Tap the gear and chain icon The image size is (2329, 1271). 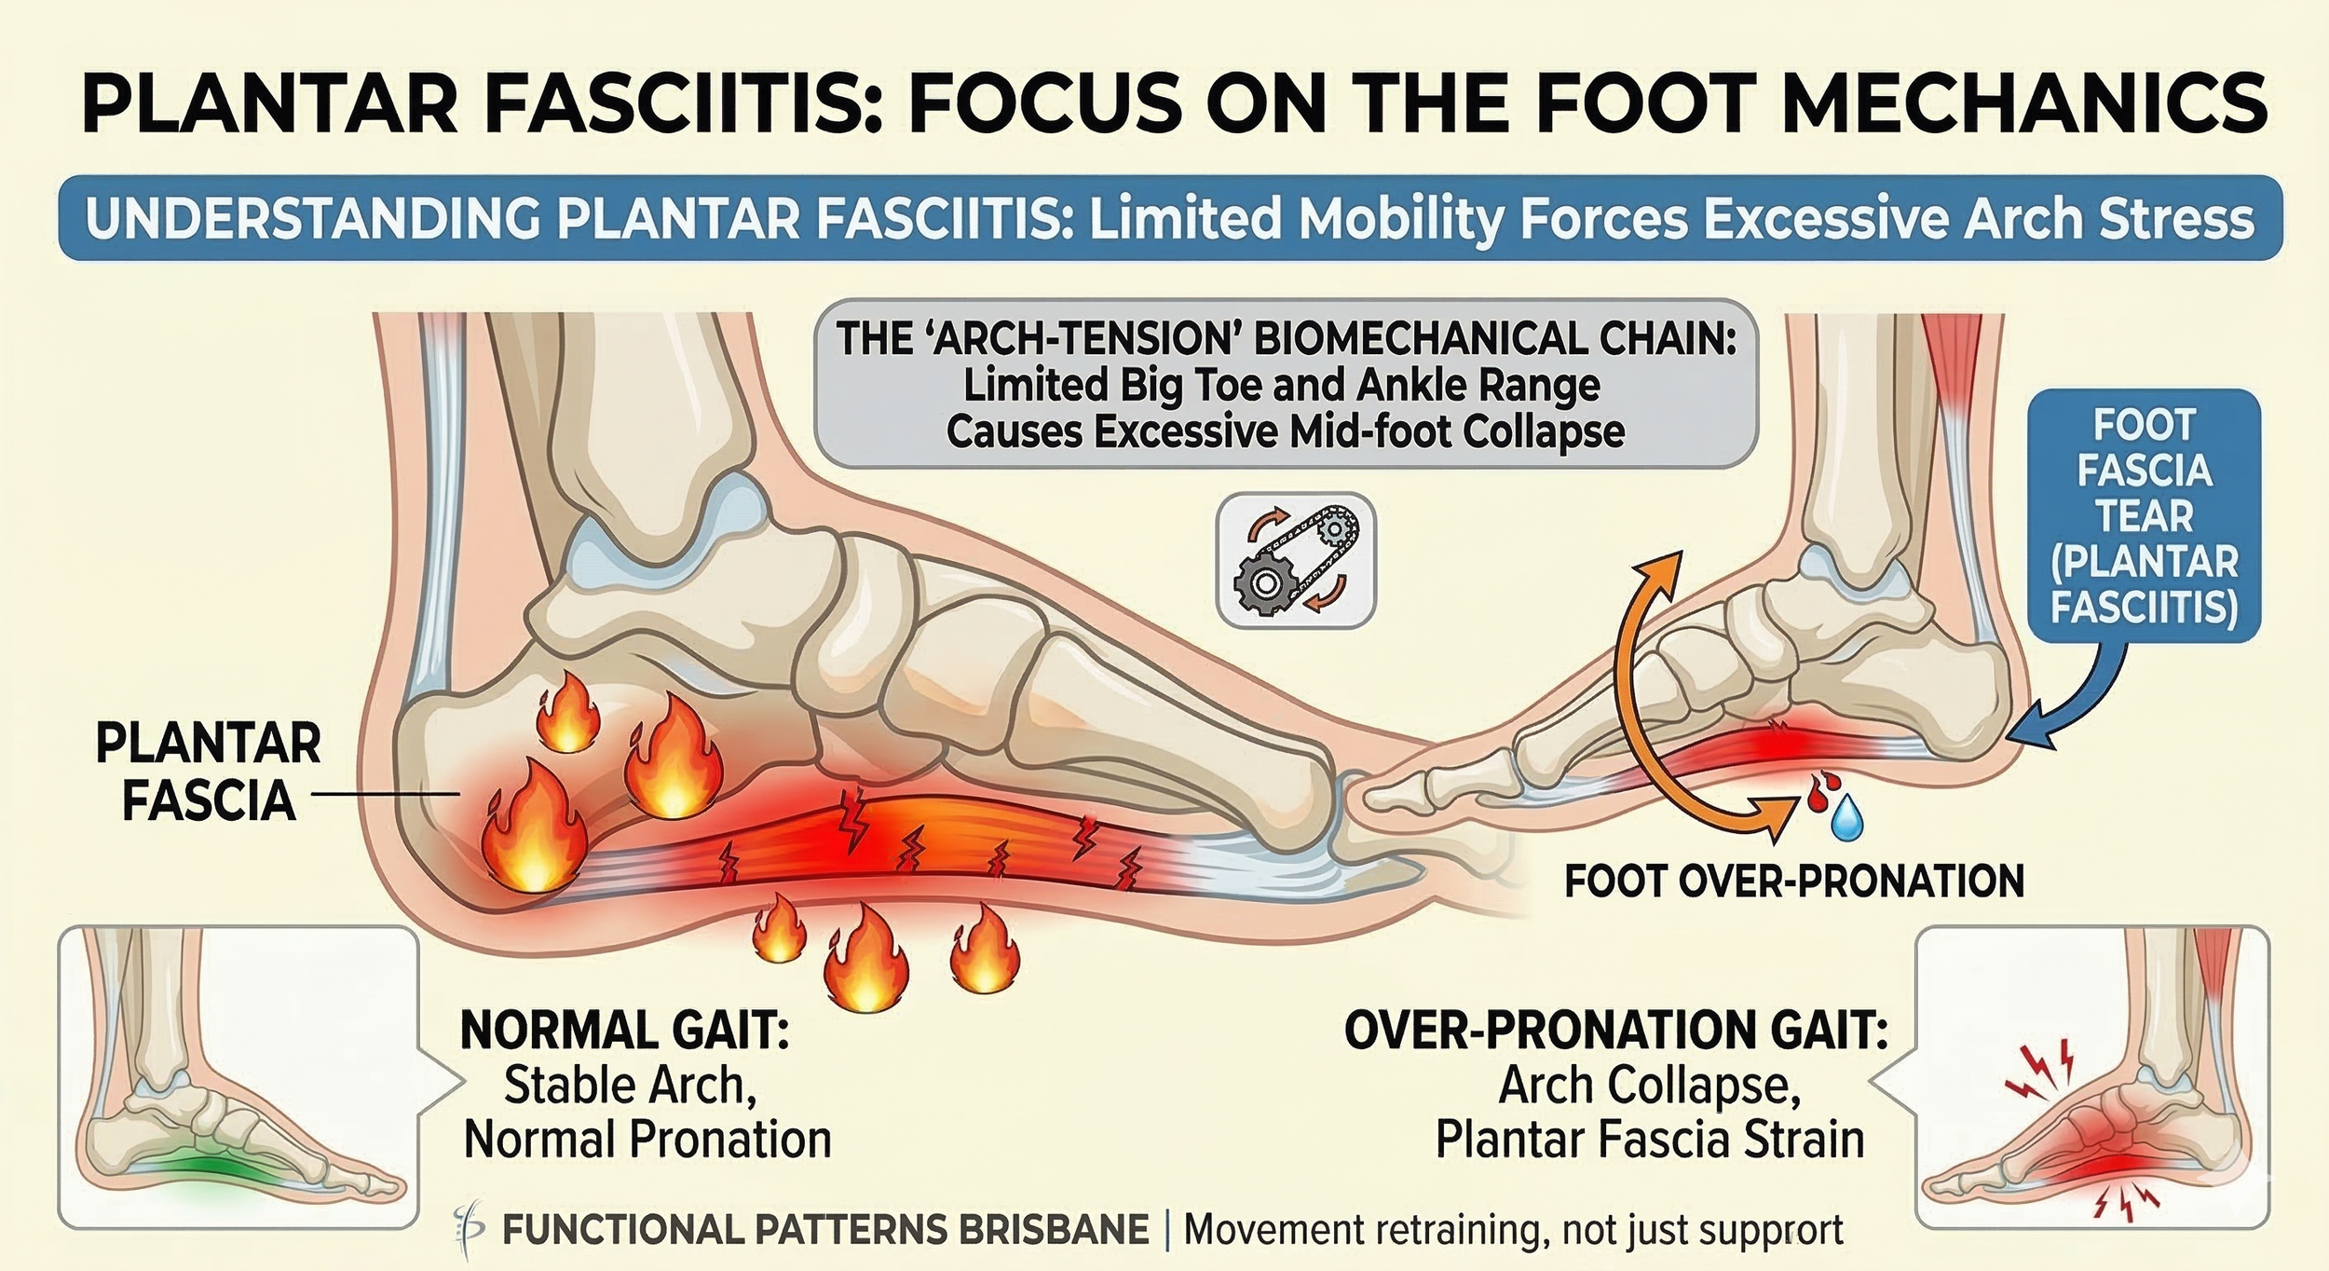click(1296, 560)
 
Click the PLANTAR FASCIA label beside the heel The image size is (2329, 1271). click(209, 772)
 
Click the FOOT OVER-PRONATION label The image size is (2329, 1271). click(1794, 881)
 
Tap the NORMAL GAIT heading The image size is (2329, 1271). click(624, 1031)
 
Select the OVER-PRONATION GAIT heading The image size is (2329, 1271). click(1615, 1031)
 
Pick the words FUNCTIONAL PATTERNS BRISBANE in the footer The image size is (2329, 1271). click(824, 1230)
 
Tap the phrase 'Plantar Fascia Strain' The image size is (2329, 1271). click(1649, 1139)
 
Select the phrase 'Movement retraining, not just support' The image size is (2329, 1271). click(1513, 1230)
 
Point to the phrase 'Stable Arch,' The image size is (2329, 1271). click(630, 1085)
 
